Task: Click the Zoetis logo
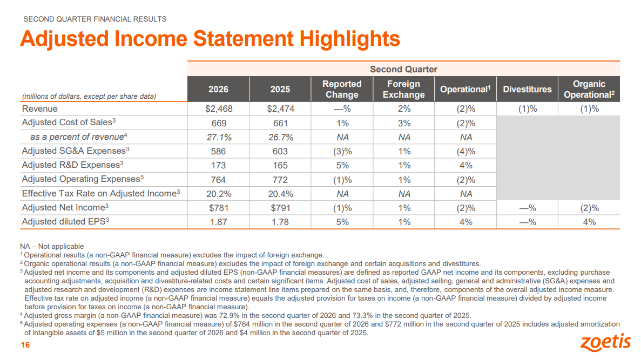[x=605, y=342]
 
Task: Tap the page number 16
[x=25, y=345]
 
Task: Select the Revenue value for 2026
[x=219, y=108]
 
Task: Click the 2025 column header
[x=280, y=89]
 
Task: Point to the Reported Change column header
[x=342, y=89]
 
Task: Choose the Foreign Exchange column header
[x=404, y=89]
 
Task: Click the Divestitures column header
[x=528, y=89]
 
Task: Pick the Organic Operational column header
[x=589, y=89]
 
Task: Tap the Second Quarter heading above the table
[x=403, y=69]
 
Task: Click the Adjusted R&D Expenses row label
[x=73, y=165]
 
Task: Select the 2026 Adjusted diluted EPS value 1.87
[x=219, y=222]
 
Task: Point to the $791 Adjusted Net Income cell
[x=280, y=208]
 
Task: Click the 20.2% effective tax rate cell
[x=219, y=194]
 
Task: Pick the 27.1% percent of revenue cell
[x=219, y=137]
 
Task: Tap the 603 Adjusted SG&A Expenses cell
[x=280, y=151]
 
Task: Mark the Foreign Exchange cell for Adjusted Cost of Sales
[x=404, y=123]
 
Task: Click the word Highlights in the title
[x=350, y=39]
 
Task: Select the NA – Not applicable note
[x=52, y=247]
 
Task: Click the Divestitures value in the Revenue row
[x=528, y=108]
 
